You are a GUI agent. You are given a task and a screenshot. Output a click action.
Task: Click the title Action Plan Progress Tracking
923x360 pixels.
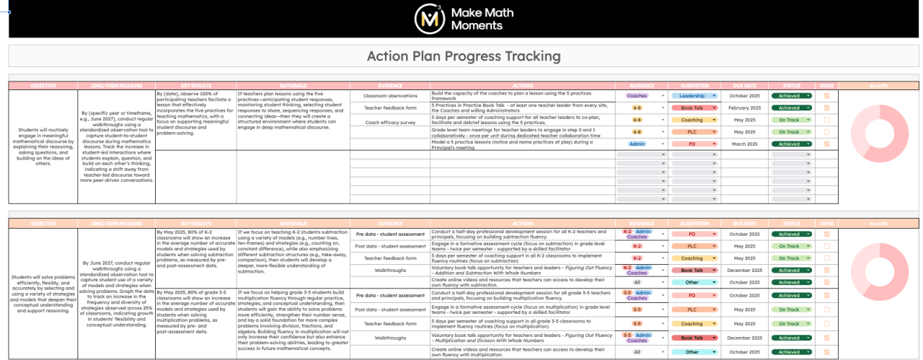coord(464,56)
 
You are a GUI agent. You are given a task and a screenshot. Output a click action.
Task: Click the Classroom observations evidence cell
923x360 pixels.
coord(390,95)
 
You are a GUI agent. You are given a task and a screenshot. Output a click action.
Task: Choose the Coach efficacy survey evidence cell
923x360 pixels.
coord(390,122)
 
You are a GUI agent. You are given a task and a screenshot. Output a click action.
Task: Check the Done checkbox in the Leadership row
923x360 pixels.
coord(826,95)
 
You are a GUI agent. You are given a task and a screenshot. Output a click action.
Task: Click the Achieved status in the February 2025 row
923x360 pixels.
coord(792,107)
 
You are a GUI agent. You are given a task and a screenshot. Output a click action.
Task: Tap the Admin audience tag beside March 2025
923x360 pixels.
coord(637,144)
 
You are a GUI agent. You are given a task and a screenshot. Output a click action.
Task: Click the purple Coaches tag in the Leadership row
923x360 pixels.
coord(637,95)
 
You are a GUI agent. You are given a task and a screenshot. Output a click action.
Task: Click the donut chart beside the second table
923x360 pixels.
coord(879,273)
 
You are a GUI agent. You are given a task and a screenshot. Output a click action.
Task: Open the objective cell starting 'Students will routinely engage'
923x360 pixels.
coord(43,147)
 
